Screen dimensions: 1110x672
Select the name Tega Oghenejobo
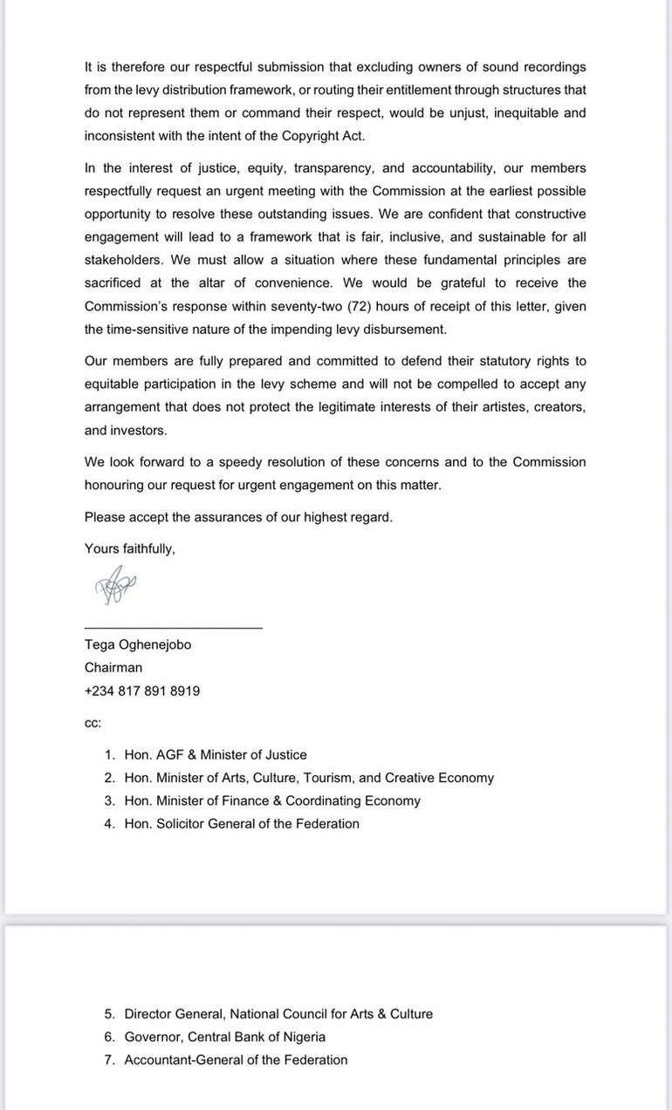(x=137, y=644)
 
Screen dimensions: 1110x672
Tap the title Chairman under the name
(x=113, y=667)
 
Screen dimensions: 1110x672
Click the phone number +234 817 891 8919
(x=142, y=691)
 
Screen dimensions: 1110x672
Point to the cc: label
(x=93, y=723)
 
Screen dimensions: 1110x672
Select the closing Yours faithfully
(x=129, y=548)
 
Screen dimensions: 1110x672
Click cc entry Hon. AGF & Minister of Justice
(x=216, y=754)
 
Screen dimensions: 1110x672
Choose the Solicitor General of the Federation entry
(x=242, y=823)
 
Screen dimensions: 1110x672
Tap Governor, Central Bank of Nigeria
(x=225, y=1037)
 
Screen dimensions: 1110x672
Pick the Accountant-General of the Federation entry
(x=236, y=1059)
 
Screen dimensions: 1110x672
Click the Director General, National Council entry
(x=278, y=1014)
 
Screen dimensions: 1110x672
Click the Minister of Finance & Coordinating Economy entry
(x=272, y=800)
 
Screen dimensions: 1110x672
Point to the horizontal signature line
(x=173, y=627)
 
